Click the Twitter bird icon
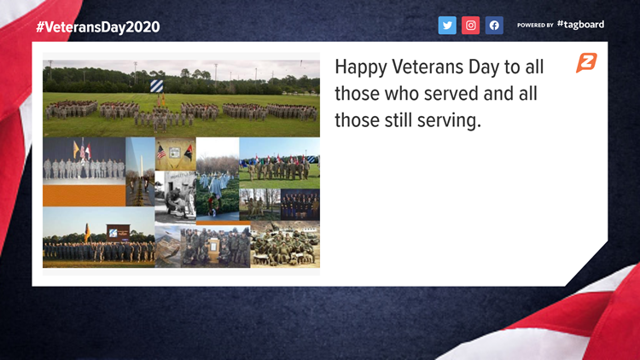(447, 26)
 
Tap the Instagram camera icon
(470, 26)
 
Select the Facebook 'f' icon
(494, 26)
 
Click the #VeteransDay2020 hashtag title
(98, 27)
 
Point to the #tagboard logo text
(581, 25)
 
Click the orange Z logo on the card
(586, 63)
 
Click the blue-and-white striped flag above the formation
(157, 86)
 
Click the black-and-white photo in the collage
(176, 197)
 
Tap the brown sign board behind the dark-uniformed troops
(119, 233)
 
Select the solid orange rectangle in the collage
(84, 195)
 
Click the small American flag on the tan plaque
(161, 152)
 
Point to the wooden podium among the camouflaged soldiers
(213, 250)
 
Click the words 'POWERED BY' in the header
(535, 26)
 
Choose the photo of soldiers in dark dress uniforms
(300, 205)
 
